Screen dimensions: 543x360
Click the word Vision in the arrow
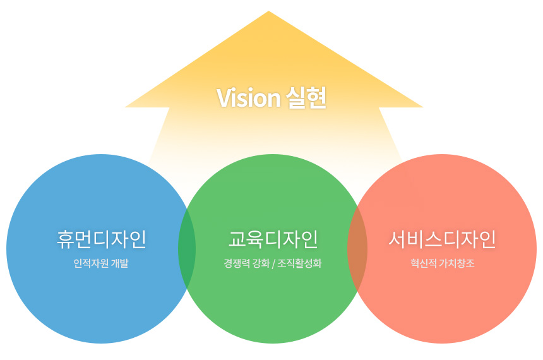tap(248, 98)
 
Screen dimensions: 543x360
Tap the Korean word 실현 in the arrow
tap(306, 97)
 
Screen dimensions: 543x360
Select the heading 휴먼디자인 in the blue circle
tap(102, 239)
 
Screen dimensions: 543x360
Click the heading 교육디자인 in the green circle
tap(273, 239)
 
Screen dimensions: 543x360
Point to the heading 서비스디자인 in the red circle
tap(442, 239)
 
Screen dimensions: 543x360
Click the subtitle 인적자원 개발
tap(101, 263)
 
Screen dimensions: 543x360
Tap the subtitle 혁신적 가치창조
tap(442, 263)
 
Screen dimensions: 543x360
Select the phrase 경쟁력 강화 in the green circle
tap(247, 263)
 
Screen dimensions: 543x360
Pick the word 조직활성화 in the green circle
tap(299, 263)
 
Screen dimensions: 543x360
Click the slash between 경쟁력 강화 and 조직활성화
tap(273, 263)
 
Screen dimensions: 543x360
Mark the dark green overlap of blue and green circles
tap(187, 249)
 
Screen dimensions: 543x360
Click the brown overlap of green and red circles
tap(357, 249)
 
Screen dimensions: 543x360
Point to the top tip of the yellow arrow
tap(269, 11)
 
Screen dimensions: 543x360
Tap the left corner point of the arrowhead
tap(125, 107)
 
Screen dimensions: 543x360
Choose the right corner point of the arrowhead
tap(423, 107)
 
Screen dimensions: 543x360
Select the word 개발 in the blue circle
tap(120, 263)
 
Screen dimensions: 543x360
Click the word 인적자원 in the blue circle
tap(91, 263)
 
